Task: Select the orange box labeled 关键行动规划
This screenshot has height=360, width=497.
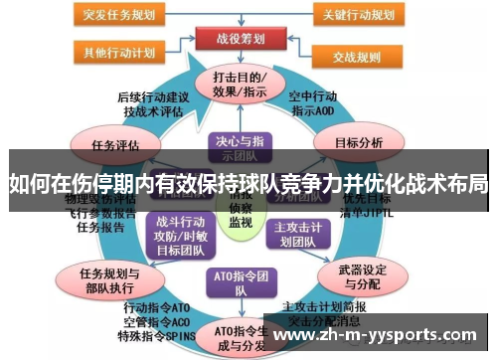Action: coord(356,15)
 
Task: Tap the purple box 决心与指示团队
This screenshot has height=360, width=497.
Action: coord(239,147)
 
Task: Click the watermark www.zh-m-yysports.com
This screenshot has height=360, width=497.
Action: coord(378,336)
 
